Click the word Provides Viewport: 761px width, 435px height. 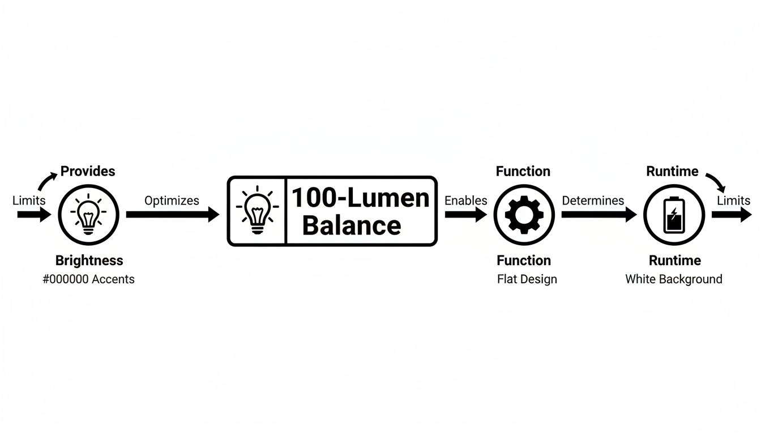point(88,171)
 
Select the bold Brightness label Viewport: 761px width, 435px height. point(89,261)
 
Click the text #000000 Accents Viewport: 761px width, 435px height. point(89,279)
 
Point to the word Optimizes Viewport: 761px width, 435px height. point(172,201)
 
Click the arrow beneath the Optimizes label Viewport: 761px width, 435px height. point(172,215)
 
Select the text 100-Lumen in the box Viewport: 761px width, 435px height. point(360,198)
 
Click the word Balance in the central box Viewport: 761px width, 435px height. point(352,225)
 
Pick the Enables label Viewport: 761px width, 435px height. point(466,201)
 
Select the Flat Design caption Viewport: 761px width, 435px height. point(527,279)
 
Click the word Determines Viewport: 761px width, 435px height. point(593,201)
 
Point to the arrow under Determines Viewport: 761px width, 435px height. point(598,215)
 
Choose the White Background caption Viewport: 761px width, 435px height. point(674,279)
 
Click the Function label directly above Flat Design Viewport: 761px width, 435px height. point(524,261)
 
